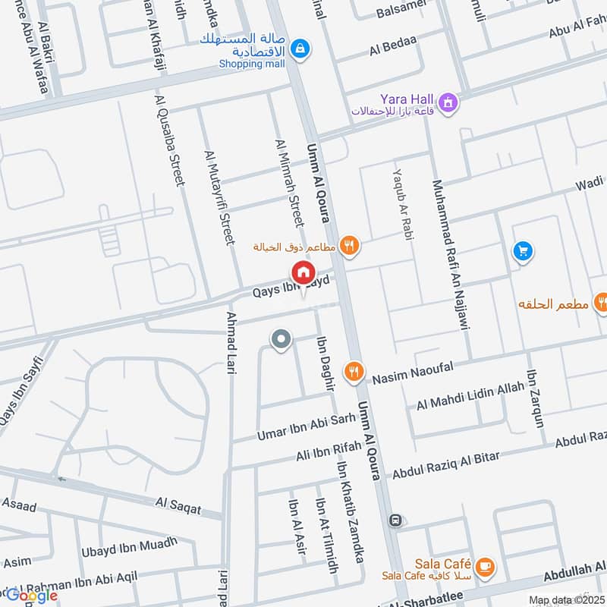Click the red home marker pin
pos(303,272)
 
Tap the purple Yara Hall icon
pos(449,101)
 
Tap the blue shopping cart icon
pos(521,250)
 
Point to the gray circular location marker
pos(281,340)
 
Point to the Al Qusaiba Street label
pos(168,140)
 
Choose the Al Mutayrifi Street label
pos(218,197)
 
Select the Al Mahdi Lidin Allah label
pos(470,397)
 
